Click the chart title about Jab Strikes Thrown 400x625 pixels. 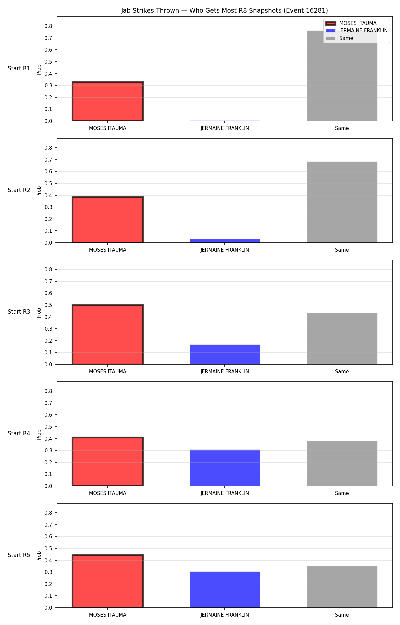pos(224,11)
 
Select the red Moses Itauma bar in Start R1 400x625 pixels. pos(108,101)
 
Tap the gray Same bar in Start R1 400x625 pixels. pos(342,76)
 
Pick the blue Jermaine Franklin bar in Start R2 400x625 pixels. pos(225,241)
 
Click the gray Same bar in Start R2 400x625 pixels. pos(342,202)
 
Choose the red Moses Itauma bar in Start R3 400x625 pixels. pos(108,335)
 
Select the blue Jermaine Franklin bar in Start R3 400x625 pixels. pos(225,354)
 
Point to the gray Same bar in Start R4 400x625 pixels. pos(342,463)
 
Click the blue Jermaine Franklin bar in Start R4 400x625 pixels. pos(225,468)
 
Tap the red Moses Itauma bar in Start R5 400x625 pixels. pos(108,581)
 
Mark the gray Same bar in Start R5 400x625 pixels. pos(342,587)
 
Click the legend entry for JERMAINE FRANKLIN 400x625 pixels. pos(357,31)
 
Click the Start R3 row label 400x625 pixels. pos(19,312)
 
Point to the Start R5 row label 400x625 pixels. pos(19,555)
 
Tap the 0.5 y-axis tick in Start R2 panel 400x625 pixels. pos(49,183)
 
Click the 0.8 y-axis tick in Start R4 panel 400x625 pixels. pos(49,391)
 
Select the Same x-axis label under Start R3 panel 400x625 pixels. pos(342,372)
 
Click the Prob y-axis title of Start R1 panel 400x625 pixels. pos(39,69)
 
